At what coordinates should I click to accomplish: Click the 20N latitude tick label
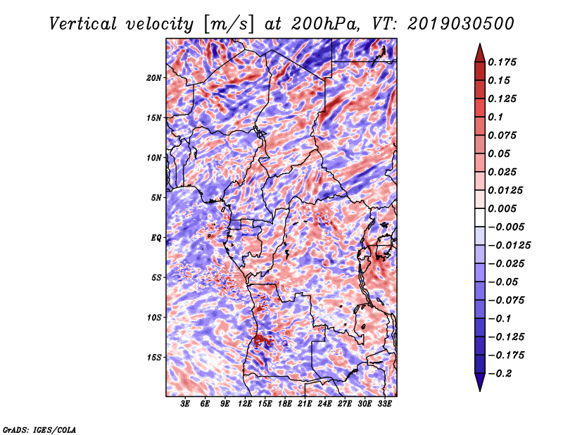pyautogui.click(x=153, y=78)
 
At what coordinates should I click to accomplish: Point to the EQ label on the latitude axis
pyautogui.click(x=156, y=238)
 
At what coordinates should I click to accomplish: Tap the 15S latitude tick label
pyautogui.click(x=154, y=358)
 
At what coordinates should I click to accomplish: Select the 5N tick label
pyautogui.click(x=156, y=198)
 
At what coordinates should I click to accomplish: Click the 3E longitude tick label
pyautogui.click(x=185, y=404)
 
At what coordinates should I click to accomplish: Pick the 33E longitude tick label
pyautogui.click(x=384, y=404)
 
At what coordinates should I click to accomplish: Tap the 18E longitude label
pyautogui.click(x=285, y=404)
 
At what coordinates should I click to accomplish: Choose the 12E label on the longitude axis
pyautogui.click(x=245, y=404)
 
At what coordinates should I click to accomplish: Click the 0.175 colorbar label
pyautogui.click(x=502, y=62)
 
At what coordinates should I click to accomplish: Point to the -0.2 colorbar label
pyautogui.click(x=500, y=374)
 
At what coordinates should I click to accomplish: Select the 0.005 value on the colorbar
pyautogui.click(x=502, y=208)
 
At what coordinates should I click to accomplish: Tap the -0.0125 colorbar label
pyautogui.click(x=509, y=246)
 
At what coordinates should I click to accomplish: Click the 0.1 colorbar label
pyautogui.click(x=495, y=117)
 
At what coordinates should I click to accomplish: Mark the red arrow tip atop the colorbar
pyautogui.click(x=480, y=44)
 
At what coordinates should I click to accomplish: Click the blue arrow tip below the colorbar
pyautogui.click(x=480, y=391)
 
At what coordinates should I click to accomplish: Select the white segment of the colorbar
pyautogui.click(x=480, y=217)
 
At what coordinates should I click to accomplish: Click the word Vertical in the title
pyautogui.click(x=83, y=24)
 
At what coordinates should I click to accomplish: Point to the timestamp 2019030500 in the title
pyautogui.click(x=461, y=24)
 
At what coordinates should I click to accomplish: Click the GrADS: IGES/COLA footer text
pyautogui.click(x=39, y=430)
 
